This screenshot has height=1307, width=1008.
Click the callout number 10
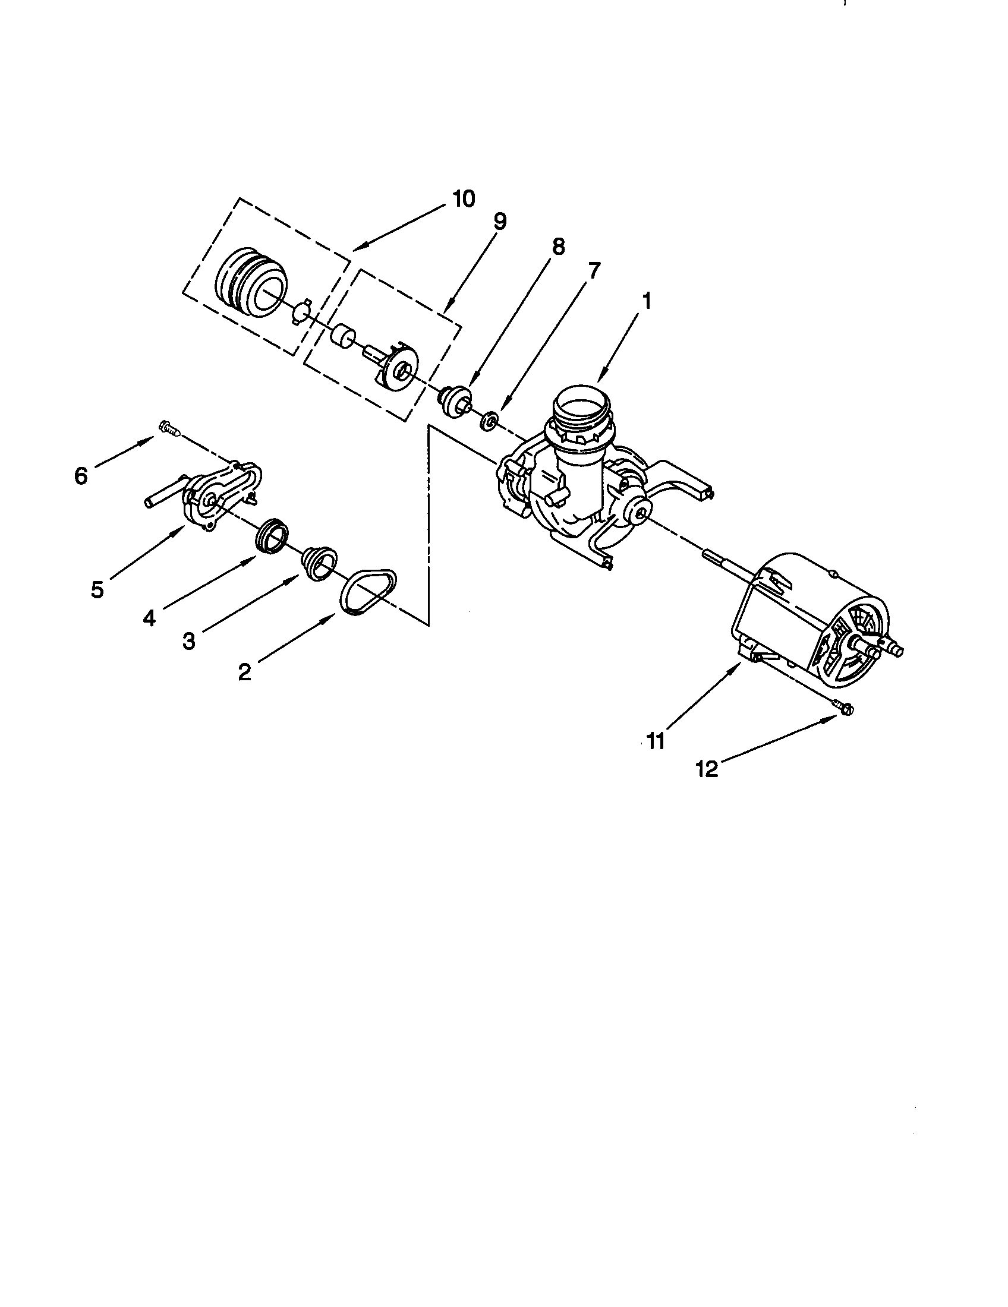point(464,198)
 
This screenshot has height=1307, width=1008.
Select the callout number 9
point(500,222)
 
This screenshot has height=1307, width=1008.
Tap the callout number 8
point(558,247)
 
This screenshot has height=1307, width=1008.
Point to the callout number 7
point(593,271)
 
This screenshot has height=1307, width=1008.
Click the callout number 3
point(188,642)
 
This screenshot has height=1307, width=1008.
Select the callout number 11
point(656,742)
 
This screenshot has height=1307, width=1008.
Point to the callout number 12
point(707,769)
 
